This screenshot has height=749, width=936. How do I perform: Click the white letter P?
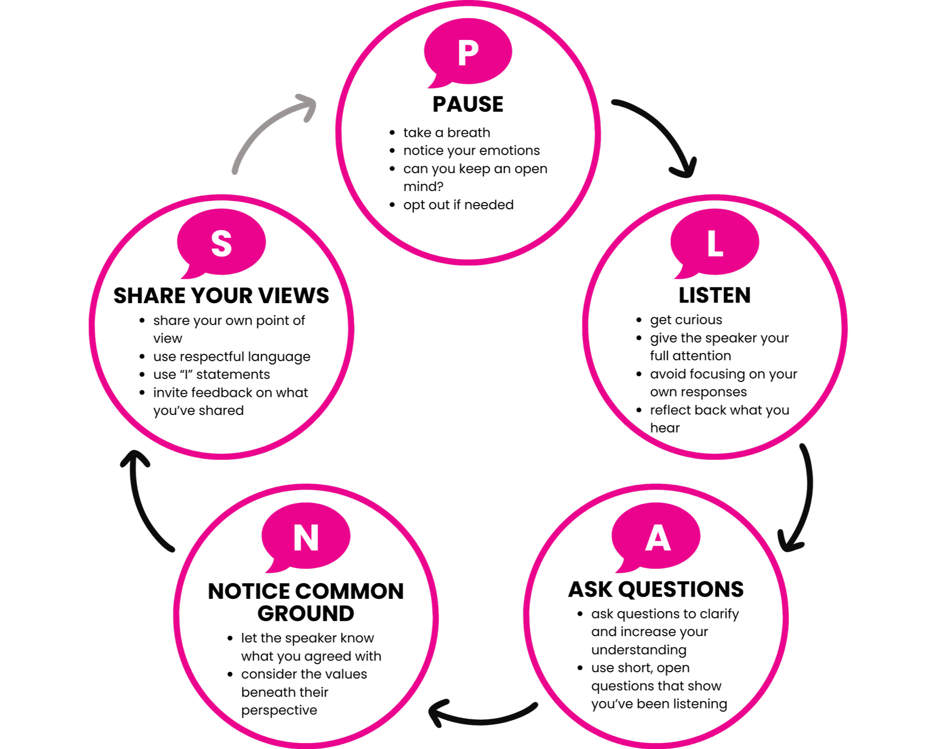pos(468,53)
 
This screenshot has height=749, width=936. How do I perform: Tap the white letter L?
pos(715,245)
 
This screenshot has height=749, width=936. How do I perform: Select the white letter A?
pos(657,538)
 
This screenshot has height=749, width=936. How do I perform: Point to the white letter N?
pos(306,538)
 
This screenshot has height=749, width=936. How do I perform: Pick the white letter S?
pos(222,244)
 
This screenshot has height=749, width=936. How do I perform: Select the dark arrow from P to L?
pos(661,128)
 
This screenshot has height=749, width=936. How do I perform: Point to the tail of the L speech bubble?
pos(682,274)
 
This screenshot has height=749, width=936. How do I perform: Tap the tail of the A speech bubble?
pos(624,568)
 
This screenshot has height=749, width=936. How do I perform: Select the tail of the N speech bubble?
pos(273,568)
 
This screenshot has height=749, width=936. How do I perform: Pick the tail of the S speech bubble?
pos(189,274)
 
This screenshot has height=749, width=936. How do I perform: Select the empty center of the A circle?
pos(656,629)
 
